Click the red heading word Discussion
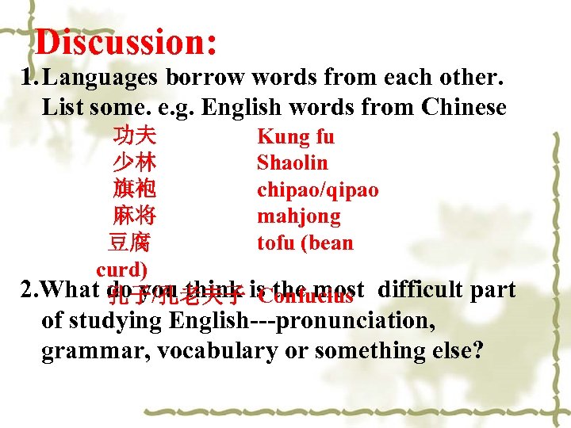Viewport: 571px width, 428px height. [x=125, y=42]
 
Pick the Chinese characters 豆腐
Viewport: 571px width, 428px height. [x=129, y=243]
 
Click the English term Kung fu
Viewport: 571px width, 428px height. [x=296, y=136]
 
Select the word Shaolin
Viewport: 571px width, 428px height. [x=292, y=163]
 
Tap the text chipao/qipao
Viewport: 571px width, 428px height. [x=317, y=190]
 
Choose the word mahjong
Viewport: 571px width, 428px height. [x=298, y=216]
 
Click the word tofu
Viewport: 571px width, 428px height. [x=274, y=243]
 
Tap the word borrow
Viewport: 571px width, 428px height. [x=213, y=78]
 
